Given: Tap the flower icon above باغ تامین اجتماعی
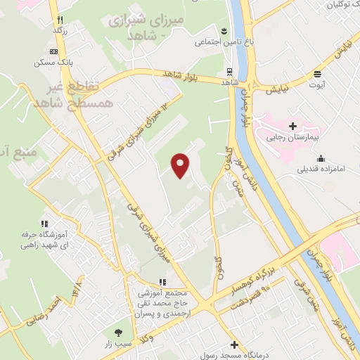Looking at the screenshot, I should coord(224,31).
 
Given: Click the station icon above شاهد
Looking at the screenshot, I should coord(230,71).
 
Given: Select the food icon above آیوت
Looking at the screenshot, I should coord(318,73).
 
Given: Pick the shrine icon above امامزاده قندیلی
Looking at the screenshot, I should coord(321,158).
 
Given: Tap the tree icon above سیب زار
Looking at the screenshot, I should coord(117,333).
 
